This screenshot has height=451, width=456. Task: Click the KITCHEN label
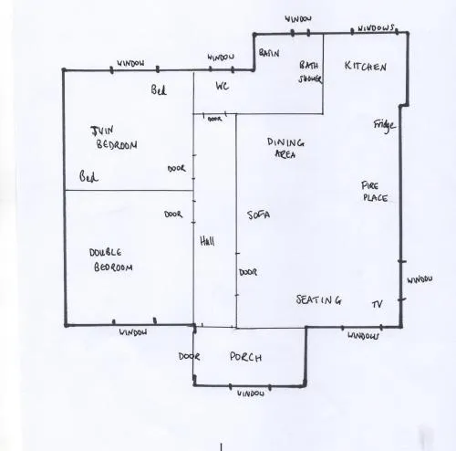tap(366, 66)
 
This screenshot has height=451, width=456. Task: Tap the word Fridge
tap(385, 125)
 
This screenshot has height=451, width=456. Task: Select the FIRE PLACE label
tap(374, 192)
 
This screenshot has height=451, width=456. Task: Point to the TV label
tap(378, 304)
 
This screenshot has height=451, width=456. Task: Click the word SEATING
tap(319, 299)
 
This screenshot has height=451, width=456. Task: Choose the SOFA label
tap(259, 215)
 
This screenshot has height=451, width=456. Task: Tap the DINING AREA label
tap(285, 148)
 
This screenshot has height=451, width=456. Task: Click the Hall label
tap(207, 241)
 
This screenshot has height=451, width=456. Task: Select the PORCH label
tap(245, 357)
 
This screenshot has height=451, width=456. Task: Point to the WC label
tap(223, 86)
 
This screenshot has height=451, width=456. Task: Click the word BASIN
tap(269, 53)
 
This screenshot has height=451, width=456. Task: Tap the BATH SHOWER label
tap(310, 72)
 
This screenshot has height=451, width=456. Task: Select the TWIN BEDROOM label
tap(114, 138)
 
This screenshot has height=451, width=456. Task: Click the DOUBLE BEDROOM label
tap(111, 260)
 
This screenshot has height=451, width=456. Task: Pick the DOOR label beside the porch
tap(189, 356)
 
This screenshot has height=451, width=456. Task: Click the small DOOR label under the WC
tap(214, 119)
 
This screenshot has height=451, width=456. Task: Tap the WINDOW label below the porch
tap(251, 393)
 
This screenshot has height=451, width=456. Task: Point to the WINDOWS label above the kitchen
tap(376, 28)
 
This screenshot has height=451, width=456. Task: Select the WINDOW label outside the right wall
tap(420, 279)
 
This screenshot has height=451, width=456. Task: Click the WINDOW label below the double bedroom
tap(133, 332)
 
